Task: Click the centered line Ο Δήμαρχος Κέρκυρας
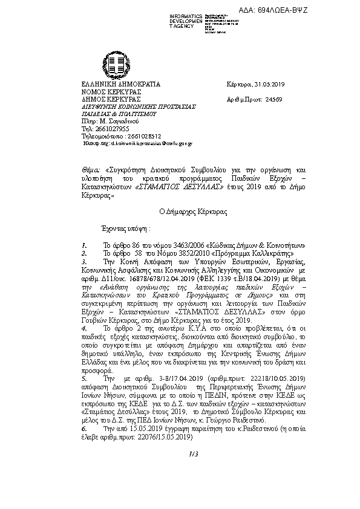pyautogui.click(x=180, y=212)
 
